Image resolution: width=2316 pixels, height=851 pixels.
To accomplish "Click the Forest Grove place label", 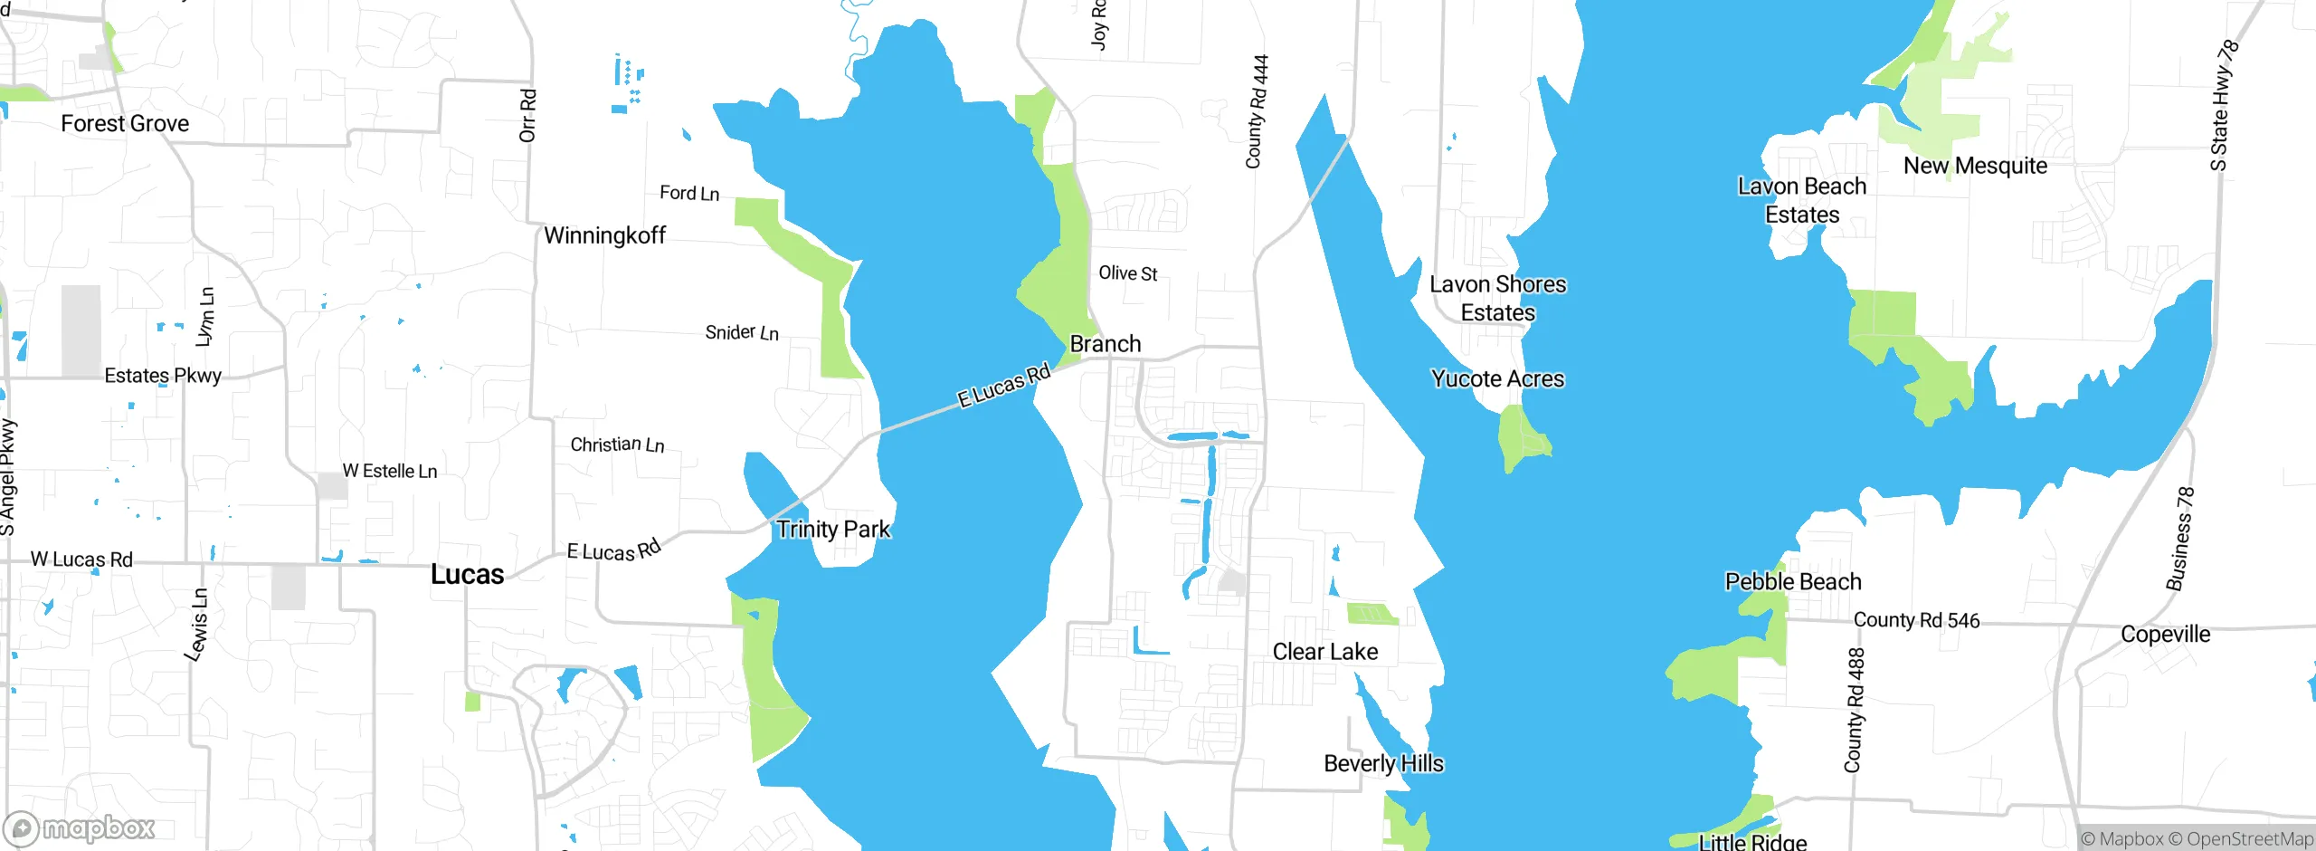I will [x=125, y=123].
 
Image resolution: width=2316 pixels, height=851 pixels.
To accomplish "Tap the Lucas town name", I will [x=467, y=574].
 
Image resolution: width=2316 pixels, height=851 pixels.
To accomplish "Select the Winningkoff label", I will [x=604, y=235].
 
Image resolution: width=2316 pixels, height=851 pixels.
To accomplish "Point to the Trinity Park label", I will [x=833, y=529].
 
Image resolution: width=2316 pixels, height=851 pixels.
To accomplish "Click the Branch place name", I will [x=1106, y=344].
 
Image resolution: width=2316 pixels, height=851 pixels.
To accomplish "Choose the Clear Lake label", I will [x=1325, y=652].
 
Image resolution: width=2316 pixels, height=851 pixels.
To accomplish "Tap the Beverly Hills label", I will [x=1383, y=763].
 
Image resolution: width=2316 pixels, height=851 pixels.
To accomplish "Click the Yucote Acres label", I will [x=1497, y=378].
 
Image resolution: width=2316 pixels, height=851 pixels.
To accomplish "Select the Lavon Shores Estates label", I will [x=1497, y=298].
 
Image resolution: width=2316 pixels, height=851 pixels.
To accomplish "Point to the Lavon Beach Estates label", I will [x=1802, y=200].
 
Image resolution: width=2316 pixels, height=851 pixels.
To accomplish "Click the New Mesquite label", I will [x=1975, y=166].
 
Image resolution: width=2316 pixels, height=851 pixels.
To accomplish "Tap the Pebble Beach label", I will [x=1793, y=581].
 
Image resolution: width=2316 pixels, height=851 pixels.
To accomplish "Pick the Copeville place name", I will [x=2165, y=634].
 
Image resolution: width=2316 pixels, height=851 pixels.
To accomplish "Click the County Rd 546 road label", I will [x=1916, y=620].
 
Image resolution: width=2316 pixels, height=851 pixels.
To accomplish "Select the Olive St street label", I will [x=1127, y=273].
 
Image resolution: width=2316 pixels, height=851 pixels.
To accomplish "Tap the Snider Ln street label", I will [x=742, y=332].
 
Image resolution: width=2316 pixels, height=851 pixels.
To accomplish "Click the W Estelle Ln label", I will [x=390, y=471].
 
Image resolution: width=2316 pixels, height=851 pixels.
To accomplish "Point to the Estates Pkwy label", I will [x=163, y=376].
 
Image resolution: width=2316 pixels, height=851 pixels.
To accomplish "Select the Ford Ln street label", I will [x=689, y=193].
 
